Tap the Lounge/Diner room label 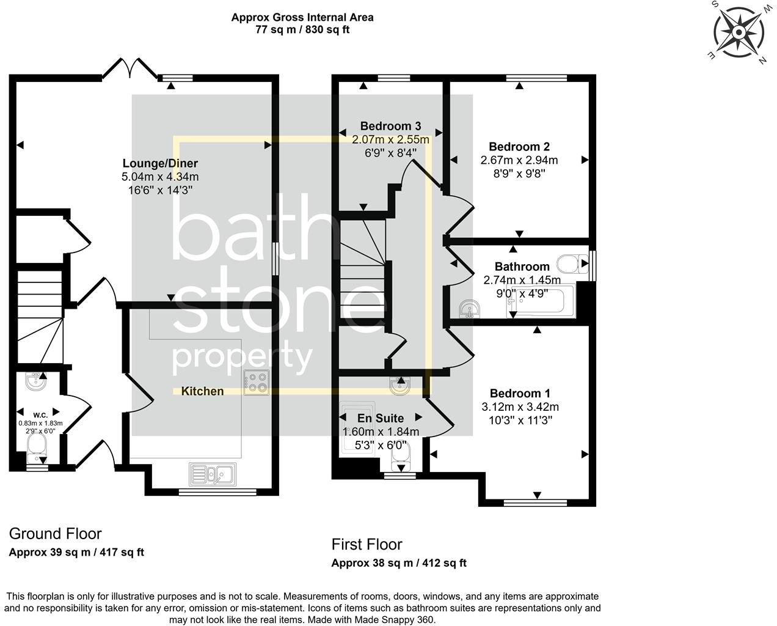160,163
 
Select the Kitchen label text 202,391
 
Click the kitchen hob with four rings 256,382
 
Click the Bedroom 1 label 515,393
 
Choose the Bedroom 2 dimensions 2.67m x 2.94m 519,160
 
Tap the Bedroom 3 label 390,127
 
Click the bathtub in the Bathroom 541,301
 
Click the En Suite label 381,418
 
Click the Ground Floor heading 55,534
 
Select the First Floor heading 367,544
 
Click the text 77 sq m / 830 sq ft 302,29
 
